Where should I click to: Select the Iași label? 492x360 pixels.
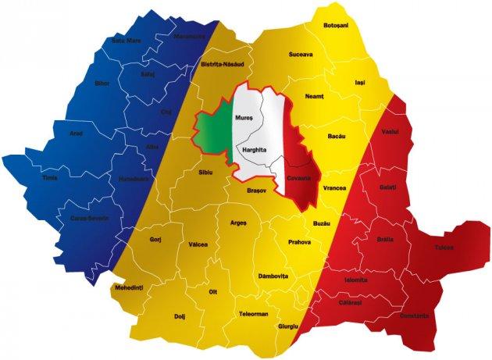[x=359, y=81]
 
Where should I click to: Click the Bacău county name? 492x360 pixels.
[x=337, y=136]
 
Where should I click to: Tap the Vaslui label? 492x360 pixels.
[x=390, y=132]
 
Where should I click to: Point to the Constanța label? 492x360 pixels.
[x=413, y=315]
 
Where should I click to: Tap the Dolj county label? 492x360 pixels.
[x=180, y=316]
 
